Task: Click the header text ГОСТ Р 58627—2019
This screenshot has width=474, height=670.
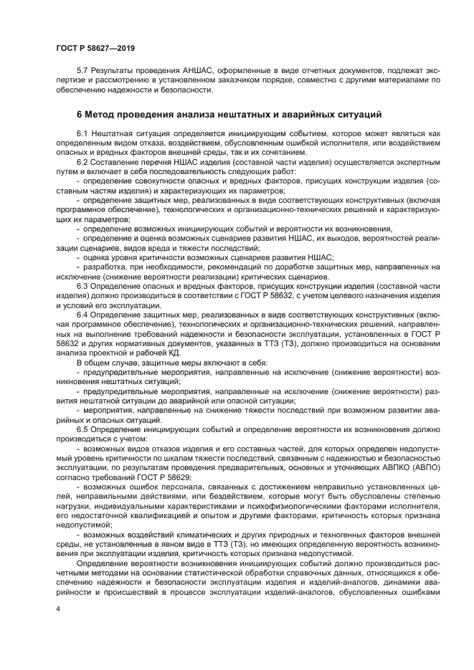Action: (x=95, y=48)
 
